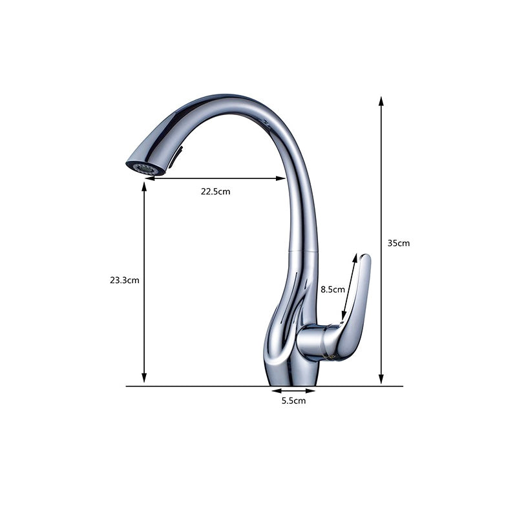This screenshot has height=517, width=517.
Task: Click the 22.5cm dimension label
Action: click(215, 191)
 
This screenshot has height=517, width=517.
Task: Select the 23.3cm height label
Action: click(124, 280)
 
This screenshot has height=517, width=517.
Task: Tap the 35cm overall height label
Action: click(399, 243)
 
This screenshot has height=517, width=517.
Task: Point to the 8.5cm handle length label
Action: click(333, 290)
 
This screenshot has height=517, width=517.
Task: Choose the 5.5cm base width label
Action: click(293, 401)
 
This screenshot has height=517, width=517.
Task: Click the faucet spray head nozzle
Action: click(142, 167)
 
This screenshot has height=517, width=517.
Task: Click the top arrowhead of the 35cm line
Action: click(381, 101)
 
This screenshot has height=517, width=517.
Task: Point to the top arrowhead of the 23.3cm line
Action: click(144, 185)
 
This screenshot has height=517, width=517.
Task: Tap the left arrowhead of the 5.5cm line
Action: click(275, 391)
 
